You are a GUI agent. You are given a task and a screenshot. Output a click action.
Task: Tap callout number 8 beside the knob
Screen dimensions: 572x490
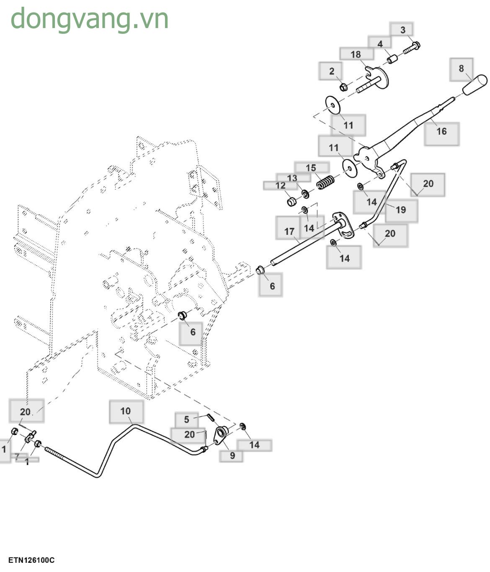[461, 69]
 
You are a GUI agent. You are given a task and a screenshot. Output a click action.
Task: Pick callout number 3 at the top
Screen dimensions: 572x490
[402, 30]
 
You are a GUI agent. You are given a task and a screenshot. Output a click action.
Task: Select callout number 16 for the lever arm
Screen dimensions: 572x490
[441, 131]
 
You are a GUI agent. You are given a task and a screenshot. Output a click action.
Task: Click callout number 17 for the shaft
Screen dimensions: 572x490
[289, 231]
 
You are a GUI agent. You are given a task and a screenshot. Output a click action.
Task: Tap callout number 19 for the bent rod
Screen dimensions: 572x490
[400, 209]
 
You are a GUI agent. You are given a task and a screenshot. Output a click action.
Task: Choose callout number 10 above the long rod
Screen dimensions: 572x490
[126, 411]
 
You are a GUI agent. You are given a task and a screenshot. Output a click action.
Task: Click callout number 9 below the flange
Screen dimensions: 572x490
[232, 455]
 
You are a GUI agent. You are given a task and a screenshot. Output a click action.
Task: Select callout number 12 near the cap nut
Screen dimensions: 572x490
[281, 186]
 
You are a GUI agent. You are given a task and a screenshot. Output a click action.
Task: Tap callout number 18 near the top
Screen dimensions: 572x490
[356, 54]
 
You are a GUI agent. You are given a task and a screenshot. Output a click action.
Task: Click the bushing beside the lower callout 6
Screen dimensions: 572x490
[183, 315]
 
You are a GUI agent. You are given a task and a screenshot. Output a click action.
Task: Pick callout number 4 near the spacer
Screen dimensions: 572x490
[380, 44]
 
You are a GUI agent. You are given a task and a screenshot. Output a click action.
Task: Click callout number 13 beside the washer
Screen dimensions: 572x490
[292, 178]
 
